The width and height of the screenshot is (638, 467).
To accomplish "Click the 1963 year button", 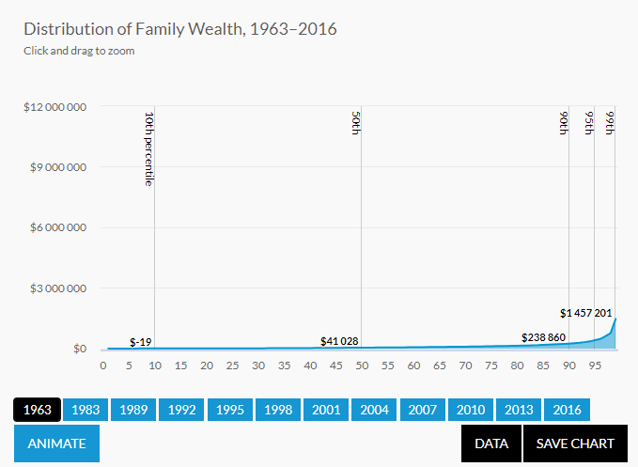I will point(38,410).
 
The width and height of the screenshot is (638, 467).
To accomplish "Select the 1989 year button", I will point(133,410).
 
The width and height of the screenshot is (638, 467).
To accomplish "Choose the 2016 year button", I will point(567,410).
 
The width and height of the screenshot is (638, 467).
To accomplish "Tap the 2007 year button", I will point(422,410).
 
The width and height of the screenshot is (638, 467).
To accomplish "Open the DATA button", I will point(491,444).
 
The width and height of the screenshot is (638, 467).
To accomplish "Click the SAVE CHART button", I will point(574,444).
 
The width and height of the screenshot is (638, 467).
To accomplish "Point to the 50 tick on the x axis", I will point(362,366).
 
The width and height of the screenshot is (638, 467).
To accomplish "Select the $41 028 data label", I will point(339,341).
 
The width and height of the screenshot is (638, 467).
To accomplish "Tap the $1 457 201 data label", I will point(587,312).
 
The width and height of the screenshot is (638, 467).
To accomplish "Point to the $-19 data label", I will point(141,341).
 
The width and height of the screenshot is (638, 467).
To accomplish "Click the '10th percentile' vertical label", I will point(148,148).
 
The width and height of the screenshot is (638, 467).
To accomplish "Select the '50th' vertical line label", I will point(356,123).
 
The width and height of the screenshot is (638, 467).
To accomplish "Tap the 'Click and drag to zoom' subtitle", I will point(79,51).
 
